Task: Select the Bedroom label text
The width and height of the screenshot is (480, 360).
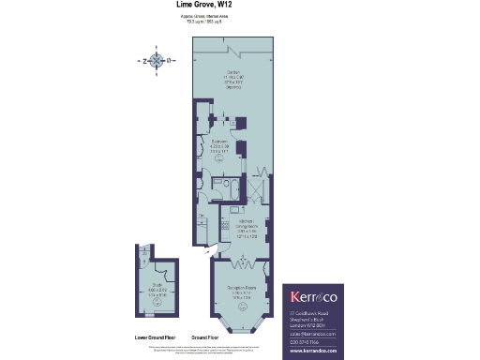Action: tap(221, 146)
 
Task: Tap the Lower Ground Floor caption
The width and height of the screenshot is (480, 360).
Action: tap(149, 337)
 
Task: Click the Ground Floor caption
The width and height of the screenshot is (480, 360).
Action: tap(205, 337)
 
